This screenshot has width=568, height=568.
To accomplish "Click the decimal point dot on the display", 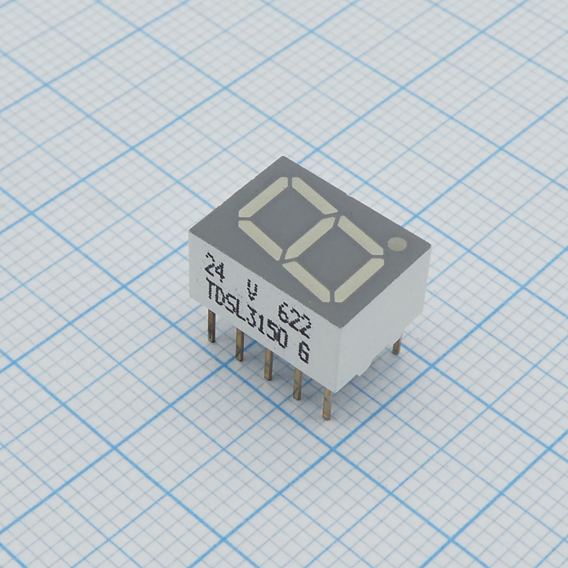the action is coord(397,245).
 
